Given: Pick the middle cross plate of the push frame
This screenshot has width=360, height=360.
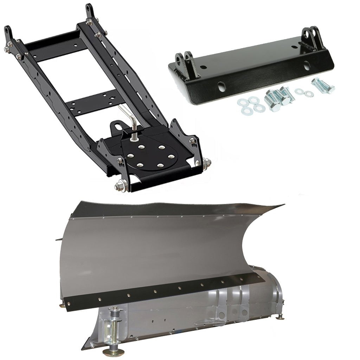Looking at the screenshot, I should (94, 100).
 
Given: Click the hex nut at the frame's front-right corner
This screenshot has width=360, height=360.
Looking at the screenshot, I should (207, 162).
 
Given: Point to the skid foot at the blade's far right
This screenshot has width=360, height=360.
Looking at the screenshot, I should (281, 317).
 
